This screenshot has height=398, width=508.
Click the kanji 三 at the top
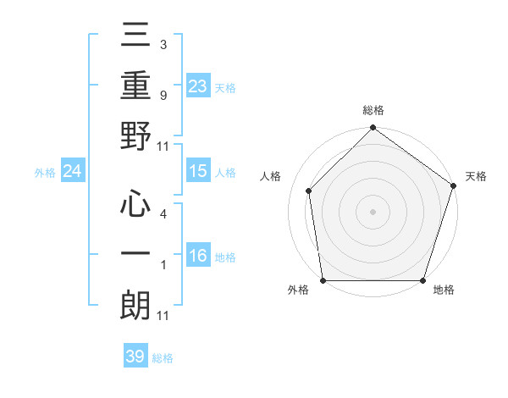point(136,36)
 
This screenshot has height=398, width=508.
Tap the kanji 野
point(136,138)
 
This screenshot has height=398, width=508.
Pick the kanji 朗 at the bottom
point(136,305)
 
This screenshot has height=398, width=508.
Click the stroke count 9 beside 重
point(163,97)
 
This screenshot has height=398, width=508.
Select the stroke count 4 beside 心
point(163,214)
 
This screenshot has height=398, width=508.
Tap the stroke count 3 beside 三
point(163,44)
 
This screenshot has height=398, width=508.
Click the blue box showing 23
point(198,86)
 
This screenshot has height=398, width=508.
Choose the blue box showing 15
point(198,171)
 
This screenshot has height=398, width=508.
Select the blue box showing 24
point(73,172)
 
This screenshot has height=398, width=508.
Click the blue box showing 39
point(135,357)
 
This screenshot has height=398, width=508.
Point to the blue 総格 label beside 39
point(163,358)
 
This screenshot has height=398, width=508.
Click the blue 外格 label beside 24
point(45,173)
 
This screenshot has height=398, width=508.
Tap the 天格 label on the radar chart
point(476,176)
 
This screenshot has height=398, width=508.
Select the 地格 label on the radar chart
point(444,290)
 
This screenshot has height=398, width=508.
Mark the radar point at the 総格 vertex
point(373,128)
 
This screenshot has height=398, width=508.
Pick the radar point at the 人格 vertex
point(309,191)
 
